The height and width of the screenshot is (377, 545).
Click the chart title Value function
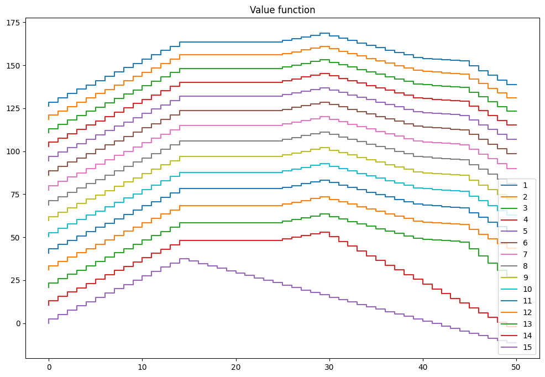(282, 10)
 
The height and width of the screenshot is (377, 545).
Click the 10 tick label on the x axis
(142, 367)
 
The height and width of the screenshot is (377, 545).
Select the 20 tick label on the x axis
(236, 367)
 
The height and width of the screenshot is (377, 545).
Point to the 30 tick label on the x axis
(329, 367)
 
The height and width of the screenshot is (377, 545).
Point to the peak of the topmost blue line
(324, 33)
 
